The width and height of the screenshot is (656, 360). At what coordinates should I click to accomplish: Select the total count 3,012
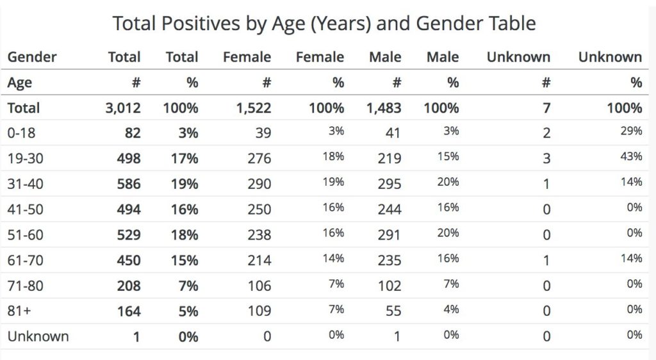(122, 108)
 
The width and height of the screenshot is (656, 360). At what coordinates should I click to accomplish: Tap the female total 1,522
(254, 108)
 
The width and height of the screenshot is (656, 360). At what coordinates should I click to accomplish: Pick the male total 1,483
(384, 108)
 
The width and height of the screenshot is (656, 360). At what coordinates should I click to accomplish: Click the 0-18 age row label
(21, 133)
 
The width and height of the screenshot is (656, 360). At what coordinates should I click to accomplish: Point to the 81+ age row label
(19, 311)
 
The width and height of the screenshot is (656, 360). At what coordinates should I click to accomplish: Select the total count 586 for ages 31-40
(128, 184)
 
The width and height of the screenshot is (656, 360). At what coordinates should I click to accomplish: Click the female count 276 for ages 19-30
(259, 158)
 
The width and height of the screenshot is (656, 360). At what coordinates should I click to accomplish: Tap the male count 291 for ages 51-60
(389, 235)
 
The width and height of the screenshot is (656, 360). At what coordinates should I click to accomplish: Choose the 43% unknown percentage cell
(631, 156)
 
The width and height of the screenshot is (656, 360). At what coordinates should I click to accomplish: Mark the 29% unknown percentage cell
(631, 131)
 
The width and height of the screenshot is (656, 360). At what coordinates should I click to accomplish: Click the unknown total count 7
(546, 108)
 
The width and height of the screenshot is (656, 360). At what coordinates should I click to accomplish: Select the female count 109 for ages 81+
(259, 311)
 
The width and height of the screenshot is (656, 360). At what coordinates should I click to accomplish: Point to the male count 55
(393, 311)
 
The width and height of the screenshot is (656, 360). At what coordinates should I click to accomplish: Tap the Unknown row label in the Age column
(38, 336)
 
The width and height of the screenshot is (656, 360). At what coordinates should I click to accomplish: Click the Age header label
(20, 83)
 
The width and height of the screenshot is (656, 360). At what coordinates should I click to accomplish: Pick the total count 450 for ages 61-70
(128, 261)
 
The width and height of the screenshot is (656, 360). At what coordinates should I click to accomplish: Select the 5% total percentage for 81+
(188, 311)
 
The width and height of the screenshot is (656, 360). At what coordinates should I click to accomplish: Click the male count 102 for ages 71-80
(389, 286)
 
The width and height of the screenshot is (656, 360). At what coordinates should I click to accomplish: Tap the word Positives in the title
(201, 23)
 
